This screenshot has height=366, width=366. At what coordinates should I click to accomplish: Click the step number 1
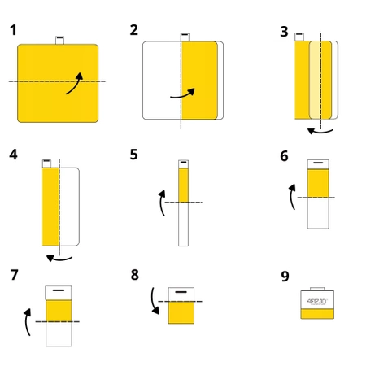[13, 30]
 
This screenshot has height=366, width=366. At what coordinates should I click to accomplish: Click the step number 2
[134, 30]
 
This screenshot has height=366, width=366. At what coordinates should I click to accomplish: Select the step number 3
[284, 32]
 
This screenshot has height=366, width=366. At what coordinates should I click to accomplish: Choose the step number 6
[284, 155]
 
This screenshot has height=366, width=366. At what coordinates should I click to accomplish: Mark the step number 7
[14, 274]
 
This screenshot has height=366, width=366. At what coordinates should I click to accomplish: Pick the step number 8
[135, 274]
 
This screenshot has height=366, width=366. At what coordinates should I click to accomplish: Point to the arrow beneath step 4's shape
[59, 259]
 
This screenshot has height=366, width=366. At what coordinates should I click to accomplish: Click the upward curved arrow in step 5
[162, 203]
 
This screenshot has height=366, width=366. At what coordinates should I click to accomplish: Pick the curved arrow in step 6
[292, 197]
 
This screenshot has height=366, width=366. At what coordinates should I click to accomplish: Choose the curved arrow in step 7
[28, 320]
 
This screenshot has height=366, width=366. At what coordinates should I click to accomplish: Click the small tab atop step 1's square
[59, 39]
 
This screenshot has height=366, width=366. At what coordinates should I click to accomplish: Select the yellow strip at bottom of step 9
[317, 315]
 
